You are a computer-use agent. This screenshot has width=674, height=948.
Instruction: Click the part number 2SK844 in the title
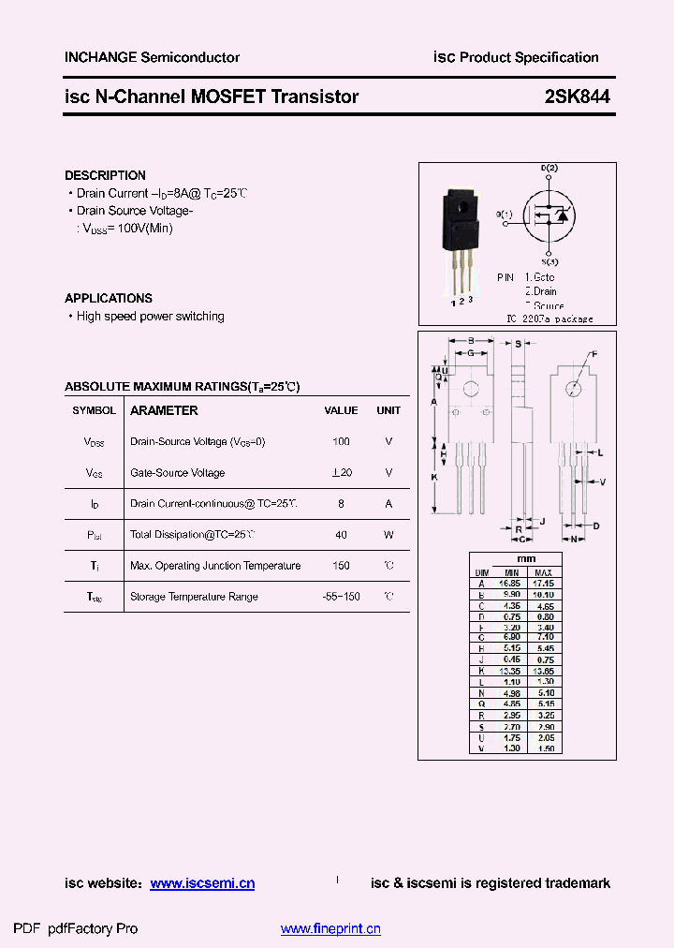(577, 96)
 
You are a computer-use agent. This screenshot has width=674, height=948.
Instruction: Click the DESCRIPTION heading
(105, 175)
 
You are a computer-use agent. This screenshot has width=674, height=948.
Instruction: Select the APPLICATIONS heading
(109, 298)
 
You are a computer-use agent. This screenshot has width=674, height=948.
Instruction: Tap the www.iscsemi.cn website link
(202, 883)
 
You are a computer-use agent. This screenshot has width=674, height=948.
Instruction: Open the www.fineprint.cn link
(330, 929)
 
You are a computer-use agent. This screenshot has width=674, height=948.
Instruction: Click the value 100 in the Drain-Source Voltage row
(341, 441)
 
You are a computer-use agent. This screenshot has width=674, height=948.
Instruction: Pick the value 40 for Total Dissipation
(341, 535)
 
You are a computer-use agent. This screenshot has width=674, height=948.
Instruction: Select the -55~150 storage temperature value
(341, 597)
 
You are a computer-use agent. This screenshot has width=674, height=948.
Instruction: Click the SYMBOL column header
(95, 410)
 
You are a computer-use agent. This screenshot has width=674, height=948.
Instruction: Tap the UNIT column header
(388, 410)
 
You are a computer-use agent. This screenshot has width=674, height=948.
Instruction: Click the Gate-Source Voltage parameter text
(178, 473)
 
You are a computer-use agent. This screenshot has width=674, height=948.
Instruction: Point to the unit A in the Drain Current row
(388, 504)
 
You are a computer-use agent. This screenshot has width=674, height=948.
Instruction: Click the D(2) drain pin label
(549, 169)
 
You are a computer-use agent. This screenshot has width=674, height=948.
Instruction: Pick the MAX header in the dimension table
(545, 572)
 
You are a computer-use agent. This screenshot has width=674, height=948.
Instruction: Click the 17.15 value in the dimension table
(545, 583)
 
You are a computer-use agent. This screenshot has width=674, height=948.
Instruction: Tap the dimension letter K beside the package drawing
(434, 478)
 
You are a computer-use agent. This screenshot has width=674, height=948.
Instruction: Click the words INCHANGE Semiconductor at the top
(152, 57)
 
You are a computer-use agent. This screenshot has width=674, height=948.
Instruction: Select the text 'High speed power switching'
(150, 317)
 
